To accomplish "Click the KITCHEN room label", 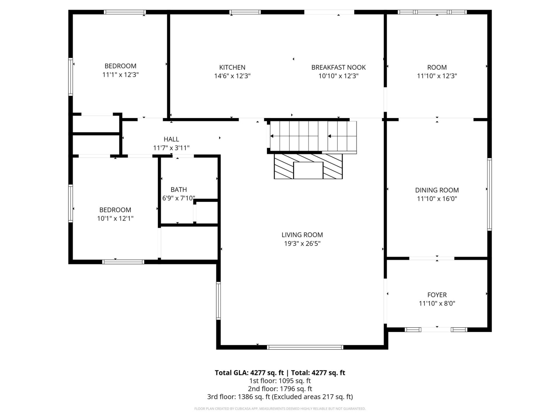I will pos(232,67).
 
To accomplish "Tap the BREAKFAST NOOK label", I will pos(338,67).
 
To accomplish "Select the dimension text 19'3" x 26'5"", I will pos(302,244).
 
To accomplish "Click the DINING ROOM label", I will pos(437,190).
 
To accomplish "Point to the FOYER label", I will pos(437,295).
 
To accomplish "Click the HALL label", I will pos(171,139).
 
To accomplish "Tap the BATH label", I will pos(178,190).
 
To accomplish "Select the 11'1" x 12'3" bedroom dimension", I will pos(120,75).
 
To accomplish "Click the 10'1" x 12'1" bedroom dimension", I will pos(115,218).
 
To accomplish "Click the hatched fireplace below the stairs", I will pos(308,166).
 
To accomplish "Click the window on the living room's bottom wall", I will pos(305,347).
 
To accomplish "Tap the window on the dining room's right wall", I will pos(489,194).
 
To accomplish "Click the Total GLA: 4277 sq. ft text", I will pos(249,373).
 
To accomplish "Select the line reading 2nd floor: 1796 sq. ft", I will pos(280,389).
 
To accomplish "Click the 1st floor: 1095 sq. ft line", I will pos(280,381).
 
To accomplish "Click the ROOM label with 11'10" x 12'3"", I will pos(437,67).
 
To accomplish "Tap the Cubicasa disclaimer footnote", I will pos(280,409).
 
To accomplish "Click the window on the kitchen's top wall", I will pos(245,12).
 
